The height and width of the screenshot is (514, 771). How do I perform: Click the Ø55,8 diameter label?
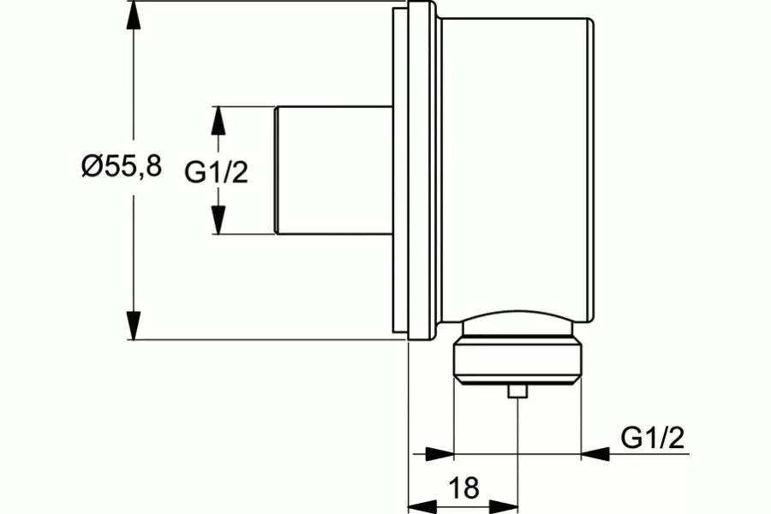tap(122, 166)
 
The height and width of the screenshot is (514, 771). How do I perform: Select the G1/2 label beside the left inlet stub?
tap(217, 172)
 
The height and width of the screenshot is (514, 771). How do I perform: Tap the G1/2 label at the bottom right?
tap(653, 437)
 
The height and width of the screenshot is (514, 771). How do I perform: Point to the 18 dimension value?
tap(464, 488)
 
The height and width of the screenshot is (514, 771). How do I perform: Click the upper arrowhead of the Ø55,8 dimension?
tap(134, 15)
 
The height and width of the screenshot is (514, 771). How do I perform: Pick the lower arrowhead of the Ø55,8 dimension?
tap(134, 326)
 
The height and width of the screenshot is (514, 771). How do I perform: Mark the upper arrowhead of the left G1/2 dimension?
tap(218, 120)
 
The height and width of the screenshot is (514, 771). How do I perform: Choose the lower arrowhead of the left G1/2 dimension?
tap(218, 220)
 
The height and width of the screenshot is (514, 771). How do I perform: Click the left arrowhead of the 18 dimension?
tap(423, 505)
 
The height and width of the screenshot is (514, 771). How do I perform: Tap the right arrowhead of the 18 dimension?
tap(504, 505)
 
